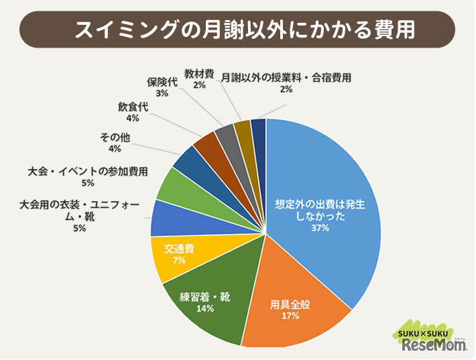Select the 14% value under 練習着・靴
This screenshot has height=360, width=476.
point(205,309)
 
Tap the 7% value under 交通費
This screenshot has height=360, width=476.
point(180,261)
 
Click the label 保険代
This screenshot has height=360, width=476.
point(162,82)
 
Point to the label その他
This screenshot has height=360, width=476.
point(115,137)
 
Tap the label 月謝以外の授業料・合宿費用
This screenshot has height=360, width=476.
point(286,77)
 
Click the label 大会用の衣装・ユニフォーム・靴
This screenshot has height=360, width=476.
point(79,210)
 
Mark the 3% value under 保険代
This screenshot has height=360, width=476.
point(162,94)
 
